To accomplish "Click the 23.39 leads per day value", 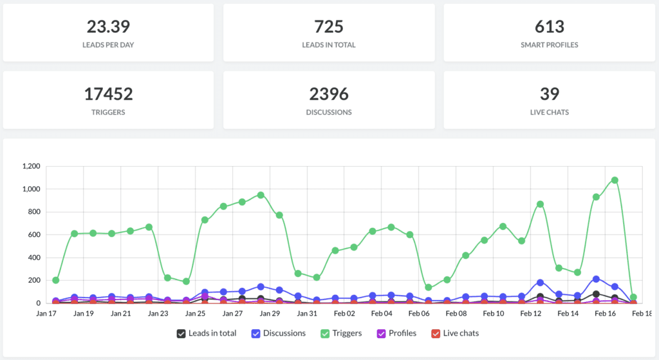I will click(x=108, y=26).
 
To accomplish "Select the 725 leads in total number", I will click(x=329, y=26).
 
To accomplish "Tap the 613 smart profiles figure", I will click(x=549, y=26).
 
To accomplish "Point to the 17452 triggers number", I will click(x=108, y=94).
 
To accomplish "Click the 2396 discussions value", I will click(x=329, y=94).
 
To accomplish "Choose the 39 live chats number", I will click(x=549, y=94).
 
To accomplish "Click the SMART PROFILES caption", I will click(x=549, y=45).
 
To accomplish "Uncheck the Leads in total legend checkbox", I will click(x=181, y=334).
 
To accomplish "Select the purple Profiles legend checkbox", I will click(x=381, y=334).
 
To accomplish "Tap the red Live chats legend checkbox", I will click(x=435, y=334).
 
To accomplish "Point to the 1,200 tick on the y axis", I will click(x=31, y=166).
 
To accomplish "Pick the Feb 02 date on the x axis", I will click(x=344, y=314).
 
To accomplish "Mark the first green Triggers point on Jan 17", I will click(x=56, y=280).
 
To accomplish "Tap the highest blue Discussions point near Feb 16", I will click(x=596, y=279).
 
